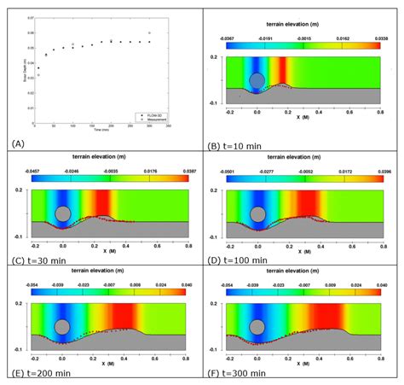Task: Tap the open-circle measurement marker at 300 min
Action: click(x=149, y=34)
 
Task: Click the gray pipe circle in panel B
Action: click(x=257, y=82)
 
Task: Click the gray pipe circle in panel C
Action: click(x=61, y=214)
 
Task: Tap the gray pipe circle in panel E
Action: click(x=61, y=326)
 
